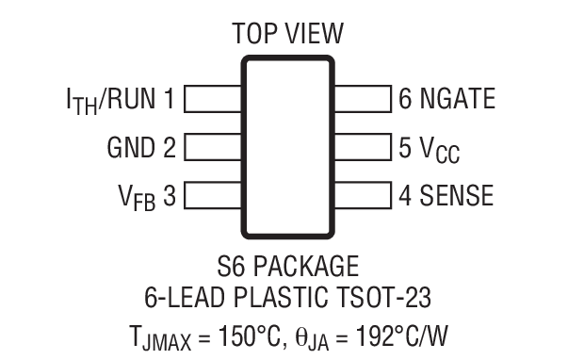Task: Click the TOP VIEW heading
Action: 288,35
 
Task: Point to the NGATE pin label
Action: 453,98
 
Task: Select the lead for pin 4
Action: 363,196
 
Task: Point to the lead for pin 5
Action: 363,148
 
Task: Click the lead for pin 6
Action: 363,99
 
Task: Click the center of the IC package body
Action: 288,147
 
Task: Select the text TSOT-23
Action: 386,299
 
